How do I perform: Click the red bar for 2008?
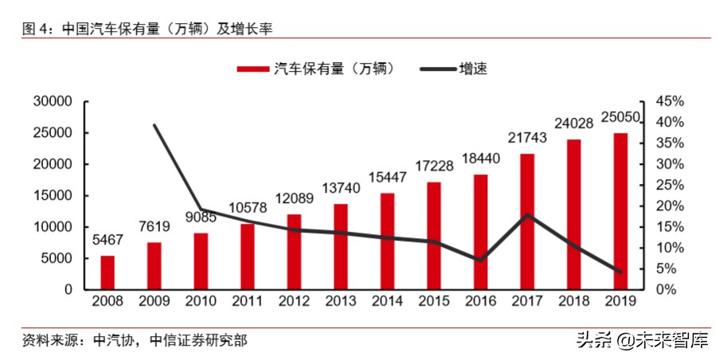point(107,272)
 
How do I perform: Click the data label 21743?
point(526,138)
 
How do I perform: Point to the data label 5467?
point(107,240)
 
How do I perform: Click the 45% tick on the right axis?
point(669,101)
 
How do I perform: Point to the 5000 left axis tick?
point(57,258)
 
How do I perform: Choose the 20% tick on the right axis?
point(669,205)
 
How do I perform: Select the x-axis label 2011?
point(247,302)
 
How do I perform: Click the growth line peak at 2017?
point(526,215)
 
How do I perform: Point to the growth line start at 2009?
point(154,125)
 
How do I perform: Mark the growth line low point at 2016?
point(479,260)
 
